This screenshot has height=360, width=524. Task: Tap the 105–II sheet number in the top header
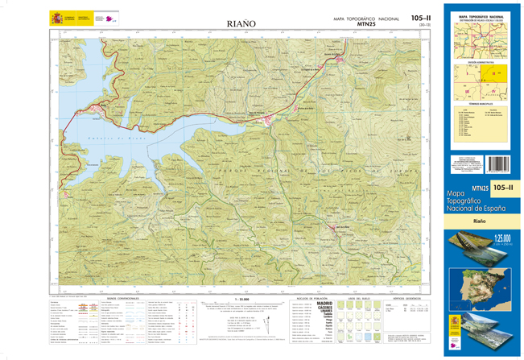(x=420, y=18)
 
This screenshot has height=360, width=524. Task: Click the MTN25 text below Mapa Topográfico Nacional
(x=366, y=24)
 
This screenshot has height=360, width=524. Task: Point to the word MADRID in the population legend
(x=324, y=303)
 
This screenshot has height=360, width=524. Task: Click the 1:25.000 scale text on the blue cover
(x=504, y=238)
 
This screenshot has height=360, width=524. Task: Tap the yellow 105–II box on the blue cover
(x=503, y=188)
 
